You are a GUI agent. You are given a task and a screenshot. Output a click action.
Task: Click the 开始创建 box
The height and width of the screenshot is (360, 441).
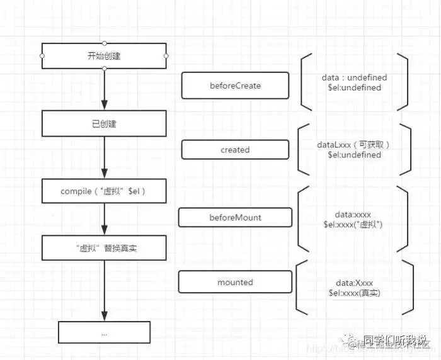104,55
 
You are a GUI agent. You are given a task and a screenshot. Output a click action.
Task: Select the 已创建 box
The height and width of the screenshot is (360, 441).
104,123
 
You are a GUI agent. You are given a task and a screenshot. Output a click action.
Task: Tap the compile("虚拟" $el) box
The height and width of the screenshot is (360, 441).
104,191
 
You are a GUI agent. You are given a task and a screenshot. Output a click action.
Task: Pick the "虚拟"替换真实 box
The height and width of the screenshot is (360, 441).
104,248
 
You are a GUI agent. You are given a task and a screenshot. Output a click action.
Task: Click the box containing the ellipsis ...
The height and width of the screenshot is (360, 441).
104,332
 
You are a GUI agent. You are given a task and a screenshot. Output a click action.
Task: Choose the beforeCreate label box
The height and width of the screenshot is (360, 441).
235,85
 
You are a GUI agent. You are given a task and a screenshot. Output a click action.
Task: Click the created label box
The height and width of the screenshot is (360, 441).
235,150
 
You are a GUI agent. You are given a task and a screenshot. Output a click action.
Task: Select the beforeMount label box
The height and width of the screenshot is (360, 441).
235,217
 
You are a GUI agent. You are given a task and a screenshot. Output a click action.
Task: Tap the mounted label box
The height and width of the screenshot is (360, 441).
235,283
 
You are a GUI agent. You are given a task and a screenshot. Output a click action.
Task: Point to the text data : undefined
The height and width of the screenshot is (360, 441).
355,77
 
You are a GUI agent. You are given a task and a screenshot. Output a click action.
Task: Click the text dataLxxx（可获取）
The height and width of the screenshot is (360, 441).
354,145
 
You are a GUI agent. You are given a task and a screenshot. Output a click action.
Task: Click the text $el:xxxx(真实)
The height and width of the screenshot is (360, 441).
354,293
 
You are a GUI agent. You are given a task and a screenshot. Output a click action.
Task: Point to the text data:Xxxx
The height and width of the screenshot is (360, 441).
354,283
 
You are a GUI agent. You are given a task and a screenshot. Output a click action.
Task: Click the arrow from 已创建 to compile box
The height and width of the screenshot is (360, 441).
104,157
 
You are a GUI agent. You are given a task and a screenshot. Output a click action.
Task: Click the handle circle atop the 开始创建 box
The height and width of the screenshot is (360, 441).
104,43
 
